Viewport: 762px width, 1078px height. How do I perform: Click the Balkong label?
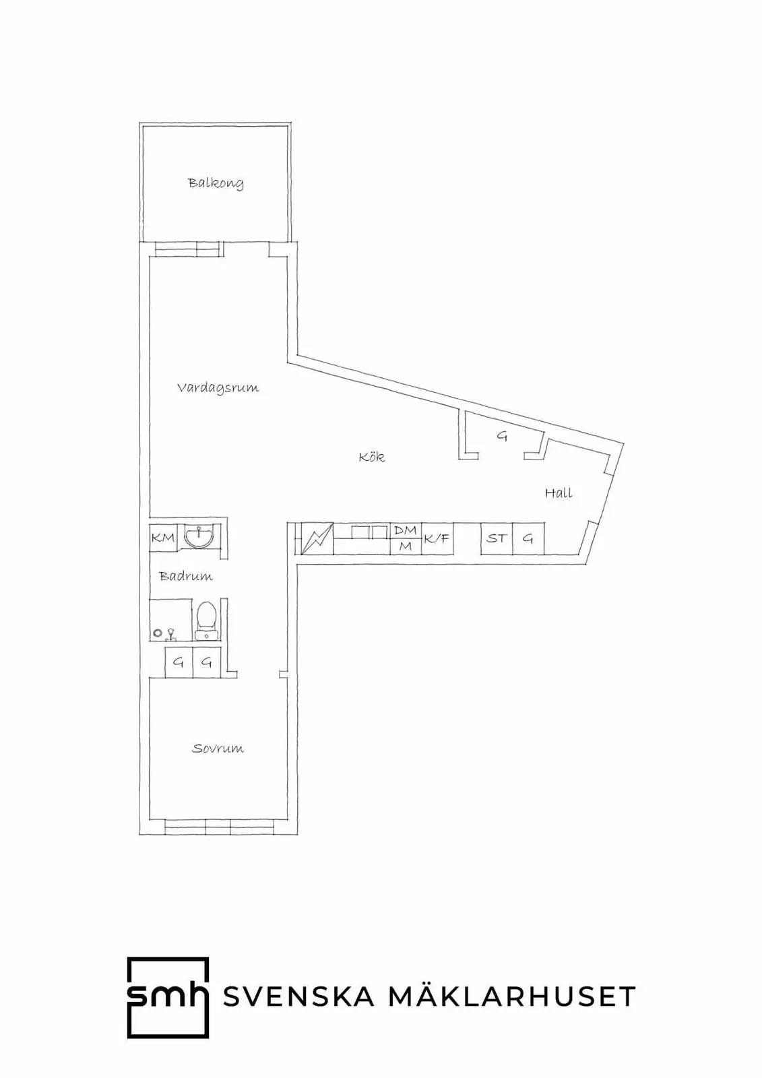tap(216, 183)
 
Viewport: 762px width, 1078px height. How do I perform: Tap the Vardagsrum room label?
tap(218, 388)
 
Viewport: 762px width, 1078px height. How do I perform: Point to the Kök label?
tap(372, 456)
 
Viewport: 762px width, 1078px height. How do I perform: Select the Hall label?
tap(559, 493)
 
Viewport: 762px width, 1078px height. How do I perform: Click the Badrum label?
tap(186, 576)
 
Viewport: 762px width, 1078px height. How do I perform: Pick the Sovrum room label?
tap(218, 749)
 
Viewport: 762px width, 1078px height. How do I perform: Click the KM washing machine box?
tap(163, 537)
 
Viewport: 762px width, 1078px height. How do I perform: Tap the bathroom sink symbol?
tap(199, 537)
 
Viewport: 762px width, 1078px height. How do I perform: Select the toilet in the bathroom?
tap(207, 621)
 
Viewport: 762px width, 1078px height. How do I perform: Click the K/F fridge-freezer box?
tap(437, 538)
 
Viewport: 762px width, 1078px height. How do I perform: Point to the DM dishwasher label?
tap(406, 530)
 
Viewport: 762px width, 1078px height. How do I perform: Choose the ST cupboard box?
tap(497, 538)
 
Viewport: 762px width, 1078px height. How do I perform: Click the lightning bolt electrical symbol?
tap(317, 538)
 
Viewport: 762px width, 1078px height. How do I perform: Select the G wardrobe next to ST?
tap(528, 538)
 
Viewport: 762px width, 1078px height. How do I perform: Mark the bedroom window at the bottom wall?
tap(219, 827)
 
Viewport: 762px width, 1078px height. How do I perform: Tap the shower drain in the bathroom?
tap(157, 633)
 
